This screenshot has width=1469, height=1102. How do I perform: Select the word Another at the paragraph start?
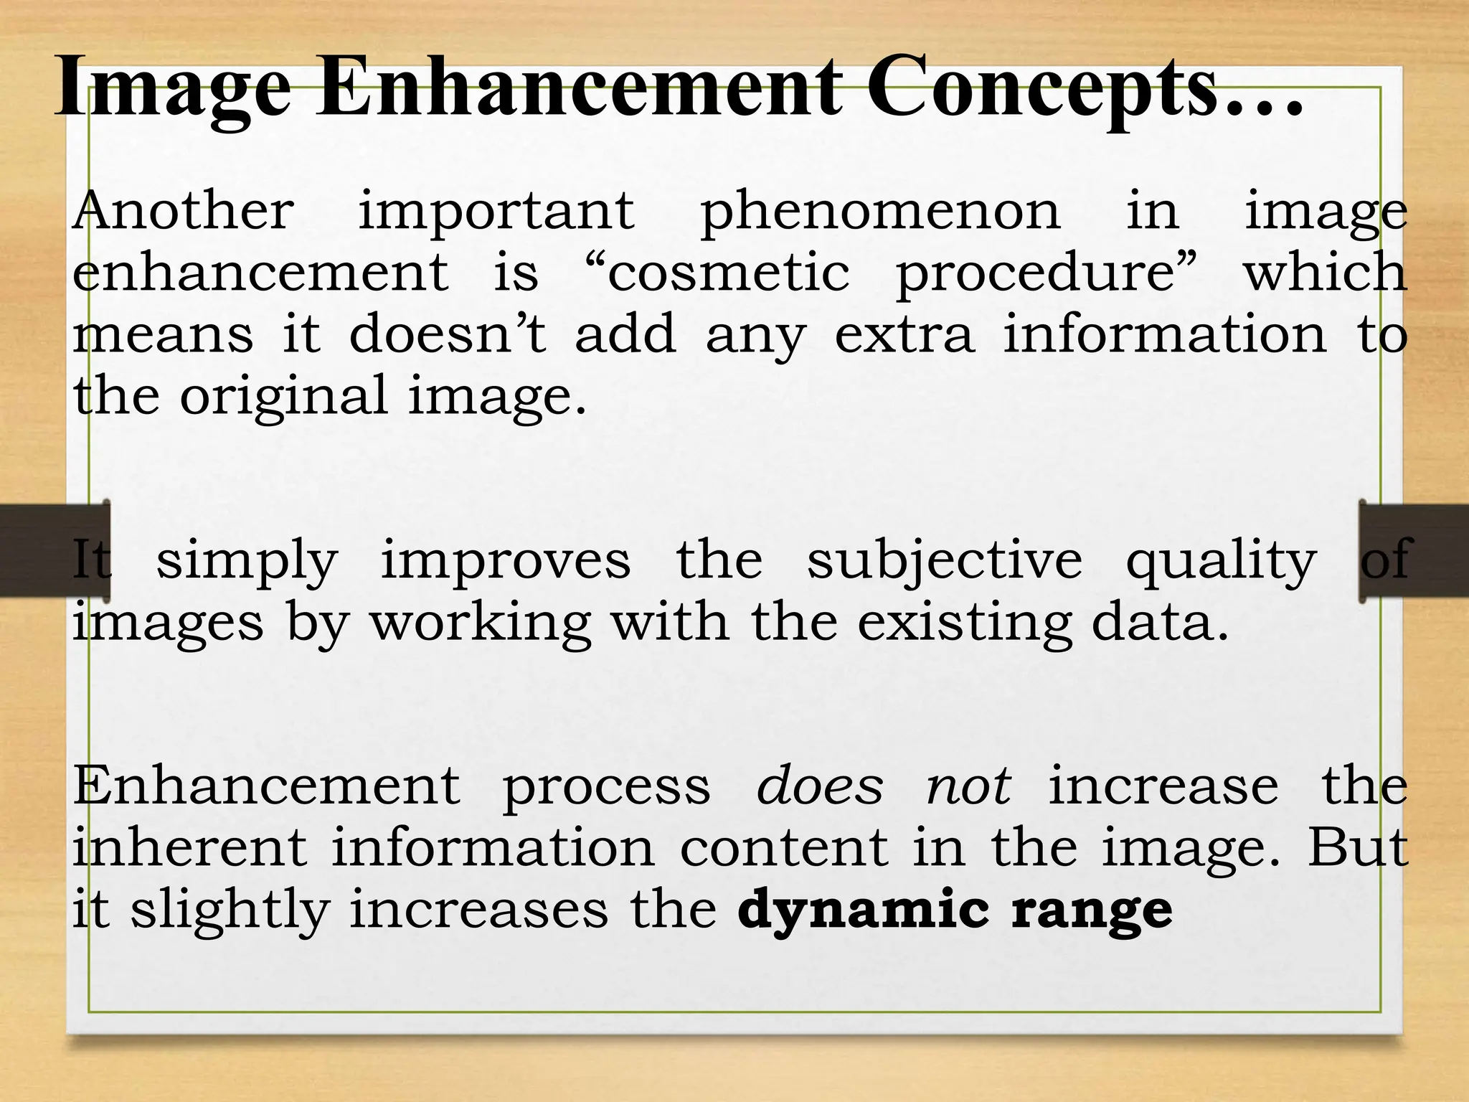pos(184,211)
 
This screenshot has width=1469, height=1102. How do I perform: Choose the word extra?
pos(905,336)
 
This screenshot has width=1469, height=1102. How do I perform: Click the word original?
pos(284,397)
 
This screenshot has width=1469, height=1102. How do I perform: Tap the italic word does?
pos(819,786)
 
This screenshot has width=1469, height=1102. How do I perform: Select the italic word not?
pos(968,786)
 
